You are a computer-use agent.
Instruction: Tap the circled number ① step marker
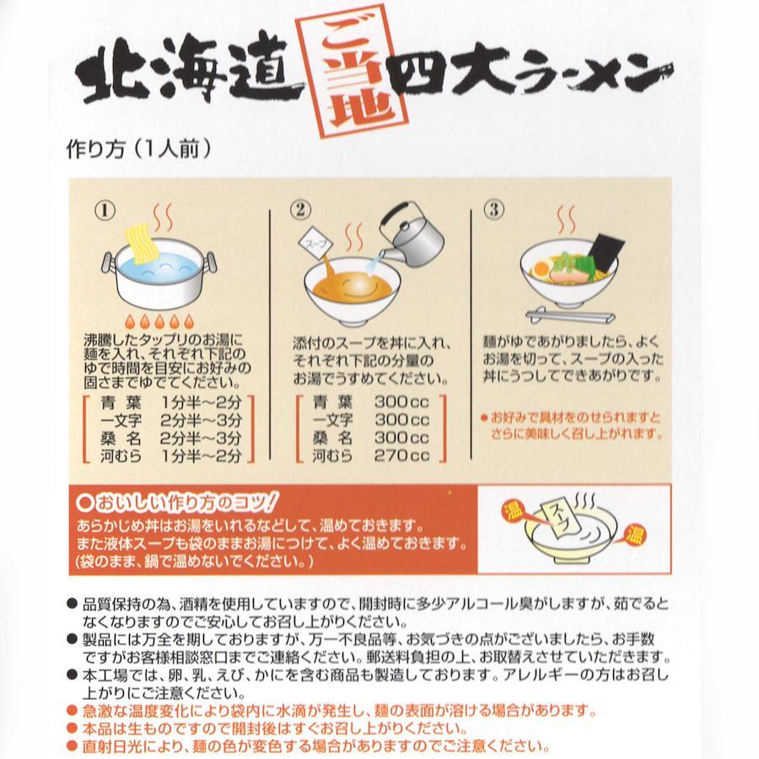(x=105, y=211)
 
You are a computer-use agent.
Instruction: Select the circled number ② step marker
(x=299, y=210)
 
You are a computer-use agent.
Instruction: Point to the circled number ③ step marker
(x=493, y=210)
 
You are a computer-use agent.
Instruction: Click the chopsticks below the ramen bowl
(x=570, y=315)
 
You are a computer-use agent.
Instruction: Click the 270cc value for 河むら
(x=401, y=455)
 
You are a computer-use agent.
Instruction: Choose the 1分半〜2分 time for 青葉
(x=201, y=401)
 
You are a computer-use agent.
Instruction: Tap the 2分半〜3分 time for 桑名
(x=201, y=438)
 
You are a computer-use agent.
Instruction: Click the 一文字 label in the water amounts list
(x=332, y=420)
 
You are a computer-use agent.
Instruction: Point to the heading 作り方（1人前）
(x=139, y=148)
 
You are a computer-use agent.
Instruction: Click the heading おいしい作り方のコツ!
(x=177, y=503)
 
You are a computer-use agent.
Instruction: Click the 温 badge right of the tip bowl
(x=634, y=535)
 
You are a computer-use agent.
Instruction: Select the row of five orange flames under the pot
(x=159, y=320)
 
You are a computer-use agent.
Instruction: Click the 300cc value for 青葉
(x=401, y=401)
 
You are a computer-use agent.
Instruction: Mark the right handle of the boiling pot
(x=211, y=264)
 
